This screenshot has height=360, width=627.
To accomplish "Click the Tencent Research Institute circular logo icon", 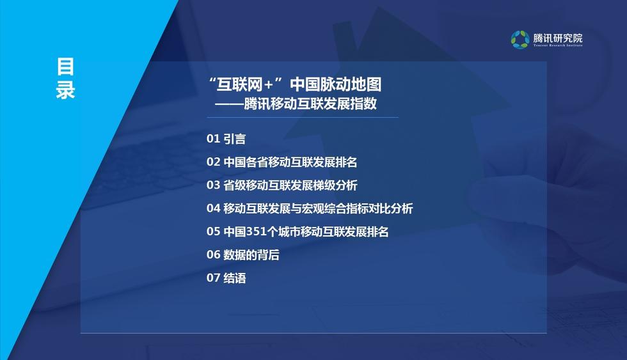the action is (520, 40).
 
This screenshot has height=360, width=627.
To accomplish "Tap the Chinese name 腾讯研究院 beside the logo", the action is (558, 38).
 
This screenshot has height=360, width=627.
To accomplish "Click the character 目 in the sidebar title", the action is (65, 67).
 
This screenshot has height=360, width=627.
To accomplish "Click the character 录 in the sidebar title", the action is (65, 90).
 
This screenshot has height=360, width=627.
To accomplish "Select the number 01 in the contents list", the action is (213, 139).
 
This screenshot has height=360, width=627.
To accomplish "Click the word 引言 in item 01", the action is (234, 139).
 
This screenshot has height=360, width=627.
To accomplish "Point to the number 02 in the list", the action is (213, 162).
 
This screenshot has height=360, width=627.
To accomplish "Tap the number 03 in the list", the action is (213, 185).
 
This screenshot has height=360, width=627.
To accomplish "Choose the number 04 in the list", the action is (213, 208).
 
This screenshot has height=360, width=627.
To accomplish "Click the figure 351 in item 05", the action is (256, 231).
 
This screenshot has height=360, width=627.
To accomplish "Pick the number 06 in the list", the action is (213, 254).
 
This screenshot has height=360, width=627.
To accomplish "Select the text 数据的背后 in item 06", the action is (251, 254).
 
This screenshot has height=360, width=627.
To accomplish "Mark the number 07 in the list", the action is (213, 278).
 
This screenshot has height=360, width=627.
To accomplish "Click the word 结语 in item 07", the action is (234, 278).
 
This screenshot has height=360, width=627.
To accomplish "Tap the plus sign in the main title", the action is (269, 85).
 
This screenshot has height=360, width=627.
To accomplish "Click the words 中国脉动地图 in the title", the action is (335, 84).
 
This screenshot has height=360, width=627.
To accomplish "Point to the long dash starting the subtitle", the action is (229, 105).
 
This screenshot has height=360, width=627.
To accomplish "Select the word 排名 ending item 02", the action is (346, 162).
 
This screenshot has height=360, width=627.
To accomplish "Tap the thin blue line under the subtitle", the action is (302, 118).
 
